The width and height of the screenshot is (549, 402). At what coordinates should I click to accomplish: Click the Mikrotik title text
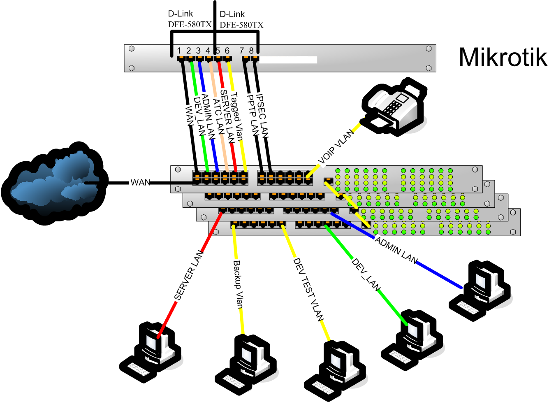point(503,57)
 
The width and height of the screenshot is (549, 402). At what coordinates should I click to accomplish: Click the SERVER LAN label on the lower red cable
point(189,275)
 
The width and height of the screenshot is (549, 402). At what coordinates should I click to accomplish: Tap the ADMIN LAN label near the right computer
point(396,250)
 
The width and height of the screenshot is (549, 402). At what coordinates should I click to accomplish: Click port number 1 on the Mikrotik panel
point(180,51)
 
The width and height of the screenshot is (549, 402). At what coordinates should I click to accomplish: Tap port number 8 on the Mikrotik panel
point(251,51)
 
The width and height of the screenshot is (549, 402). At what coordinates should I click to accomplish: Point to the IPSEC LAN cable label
point(262,116)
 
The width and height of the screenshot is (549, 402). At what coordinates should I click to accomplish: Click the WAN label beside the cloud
point(140,182)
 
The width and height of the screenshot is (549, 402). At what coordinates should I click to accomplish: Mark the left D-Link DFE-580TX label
point(190,19)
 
